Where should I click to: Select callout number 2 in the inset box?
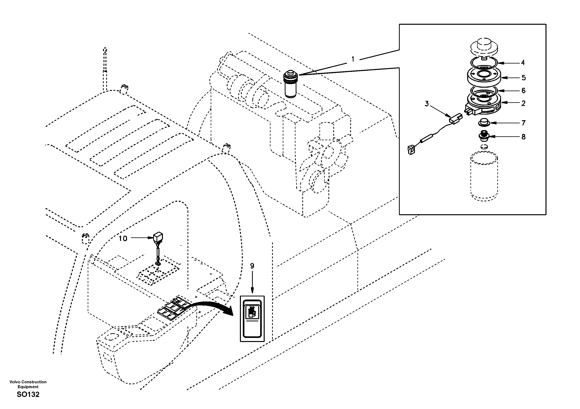(523, 103)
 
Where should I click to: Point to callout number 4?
(523, 63)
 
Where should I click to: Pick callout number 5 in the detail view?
(524, 78)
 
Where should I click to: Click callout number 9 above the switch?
(252, 266)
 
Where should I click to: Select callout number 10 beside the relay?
(123, 239)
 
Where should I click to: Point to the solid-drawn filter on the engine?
(291, 85)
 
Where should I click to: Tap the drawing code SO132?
(28, 394)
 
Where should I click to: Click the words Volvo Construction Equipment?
(28, 384)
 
